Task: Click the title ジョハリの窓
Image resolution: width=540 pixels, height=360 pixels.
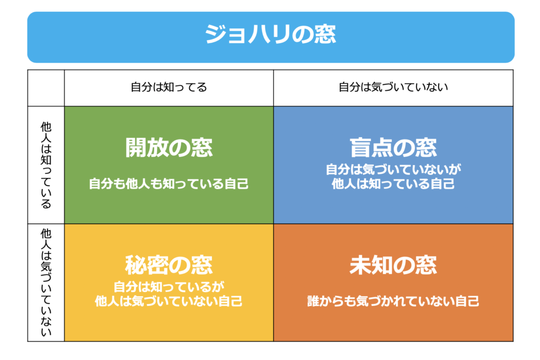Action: pyautogui.click(x=271, y=34)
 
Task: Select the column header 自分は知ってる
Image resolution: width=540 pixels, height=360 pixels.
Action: pyautogui.click(x=169, y=87)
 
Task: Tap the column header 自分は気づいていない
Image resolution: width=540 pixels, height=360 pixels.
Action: pyautogui.click(x=393, y=87)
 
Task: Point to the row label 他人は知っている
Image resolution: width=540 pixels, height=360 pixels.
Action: pyautogui.click(x=46, y=165)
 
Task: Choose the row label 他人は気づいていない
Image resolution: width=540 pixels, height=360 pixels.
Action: pyautogui.click(x=46, y=282)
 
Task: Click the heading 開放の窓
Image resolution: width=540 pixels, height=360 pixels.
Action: pyautogui.click(x=169, y=148)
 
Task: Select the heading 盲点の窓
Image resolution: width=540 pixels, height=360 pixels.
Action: pyautogui.click(x=393, y=148)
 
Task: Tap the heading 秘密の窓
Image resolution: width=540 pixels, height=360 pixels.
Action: pyautogui.click(x=169, y=265)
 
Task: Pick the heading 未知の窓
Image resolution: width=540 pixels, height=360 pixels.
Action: pyautogui.click(x=393, y=265)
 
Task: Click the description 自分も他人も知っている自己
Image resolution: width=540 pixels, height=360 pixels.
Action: pyautogui.click(x=169, y=183)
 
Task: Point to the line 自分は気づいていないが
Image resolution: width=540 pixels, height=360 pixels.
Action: pyautogui.click(x=393, y=169)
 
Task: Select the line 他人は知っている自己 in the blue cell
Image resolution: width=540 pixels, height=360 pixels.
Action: pyautogui.click(x=393, y=184)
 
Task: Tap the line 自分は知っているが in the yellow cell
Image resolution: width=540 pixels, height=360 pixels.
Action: pyautogui.click(x=169, y=287)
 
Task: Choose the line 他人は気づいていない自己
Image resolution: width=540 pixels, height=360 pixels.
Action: pyautogui.click(x=169, y=301)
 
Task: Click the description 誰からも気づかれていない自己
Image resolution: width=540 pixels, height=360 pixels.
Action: pyautogui.click(x=393, y=301)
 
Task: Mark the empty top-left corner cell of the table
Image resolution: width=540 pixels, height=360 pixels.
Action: pyautogui.click(x=46, y=88)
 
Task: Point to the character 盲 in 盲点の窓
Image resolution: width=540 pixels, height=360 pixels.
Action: pyautogui.click(x=360, y=148)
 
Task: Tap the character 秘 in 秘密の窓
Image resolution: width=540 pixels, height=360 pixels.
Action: pyautogui.click(x=136, y=265)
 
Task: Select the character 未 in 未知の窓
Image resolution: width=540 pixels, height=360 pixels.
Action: pyautogui.click(x=360, y=265)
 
